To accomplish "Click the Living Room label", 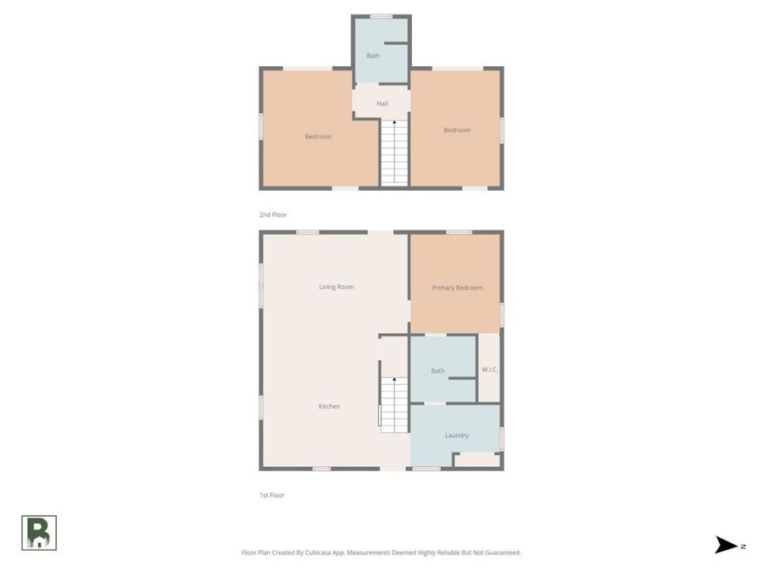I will tap(336, 287).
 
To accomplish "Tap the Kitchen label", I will tap(329, 407).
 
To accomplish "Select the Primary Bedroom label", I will tap(457, 288).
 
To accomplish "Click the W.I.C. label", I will tap(489, 369).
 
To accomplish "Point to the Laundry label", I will tap(457, 436).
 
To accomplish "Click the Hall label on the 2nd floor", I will tap(382, 104).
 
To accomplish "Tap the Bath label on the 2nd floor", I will tap(373, 56).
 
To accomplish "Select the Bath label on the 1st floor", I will tap(437, 371).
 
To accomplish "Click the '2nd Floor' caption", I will tap(273, 215).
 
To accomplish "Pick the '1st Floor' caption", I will tap(271, 496).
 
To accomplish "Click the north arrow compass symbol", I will tap(727, 546).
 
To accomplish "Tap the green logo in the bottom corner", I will tap(39, 533).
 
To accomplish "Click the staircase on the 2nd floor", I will tap(394, 153).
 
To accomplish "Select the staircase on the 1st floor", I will tap(394, 405).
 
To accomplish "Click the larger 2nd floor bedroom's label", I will tap(318, 136).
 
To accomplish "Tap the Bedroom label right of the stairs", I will tap(457, 131).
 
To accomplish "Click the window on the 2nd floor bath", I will tap(381, 16).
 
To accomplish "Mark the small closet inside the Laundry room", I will tap(477, 460).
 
